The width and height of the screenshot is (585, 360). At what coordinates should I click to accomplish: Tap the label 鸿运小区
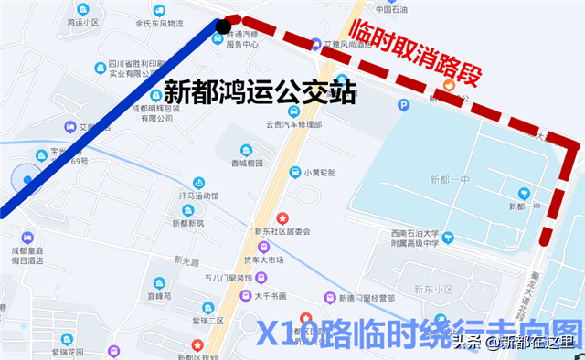tap(82, 21)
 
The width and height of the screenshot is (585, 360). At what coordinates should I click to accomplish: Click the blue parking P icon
tap(404, 105)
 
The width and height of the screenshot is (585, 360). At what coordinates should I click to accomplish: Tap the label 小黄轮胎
tap(319, 172)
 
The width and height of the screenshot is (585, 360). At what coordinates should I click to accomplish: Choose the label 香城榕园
tap(246, 163)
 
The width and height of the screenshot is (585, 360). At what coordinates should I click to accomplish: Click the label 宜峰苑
tap(161, 296)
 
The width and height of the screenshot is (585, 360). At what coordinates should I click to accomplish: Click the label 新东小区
tap(434, 289)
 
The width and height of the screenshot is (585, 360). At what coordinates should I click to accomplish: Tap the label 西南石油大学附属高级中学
tap(416, 238)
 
